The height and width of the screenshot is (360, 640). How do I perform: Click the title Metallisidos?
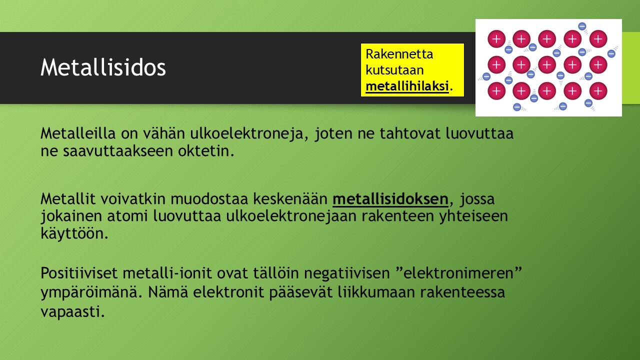[103, 67]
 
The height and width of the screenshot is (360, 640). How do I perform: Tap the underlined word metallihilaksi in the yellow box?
[407, 86]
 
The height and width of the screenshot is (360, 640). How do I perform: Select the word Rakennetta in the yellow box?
[399, 54]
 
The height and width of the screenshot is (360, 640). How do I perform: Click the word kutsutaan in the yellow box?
[394, 70]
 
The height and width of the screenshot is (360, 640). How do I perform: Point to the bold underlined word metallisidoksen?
[390, 199]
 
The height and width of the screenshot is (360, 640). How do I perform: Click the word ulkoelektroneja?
[246, 133]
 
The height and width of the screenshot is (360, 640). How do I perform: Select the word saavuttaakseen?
[118, 151]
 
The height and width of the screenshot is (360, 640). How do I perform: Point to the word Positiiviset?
[79, 273]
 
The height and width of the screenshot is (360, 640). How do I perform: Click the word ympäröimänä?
[88, 292]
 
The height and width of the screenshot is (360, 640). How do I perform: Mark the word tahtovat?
[409, 133]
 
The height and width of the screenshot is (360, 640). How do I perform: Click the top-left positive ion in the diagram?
[496, 39]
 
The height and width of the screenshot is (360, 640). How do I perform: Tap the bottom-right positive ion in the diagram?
[598, 91]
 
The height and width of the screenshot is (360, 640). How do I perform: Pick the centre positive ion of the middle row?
[547, 64]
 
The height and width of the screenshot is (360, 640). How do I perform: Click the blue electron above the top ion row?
[582, 26]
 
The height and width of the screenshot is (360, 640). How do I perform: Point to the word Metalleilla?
[78, 133]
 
